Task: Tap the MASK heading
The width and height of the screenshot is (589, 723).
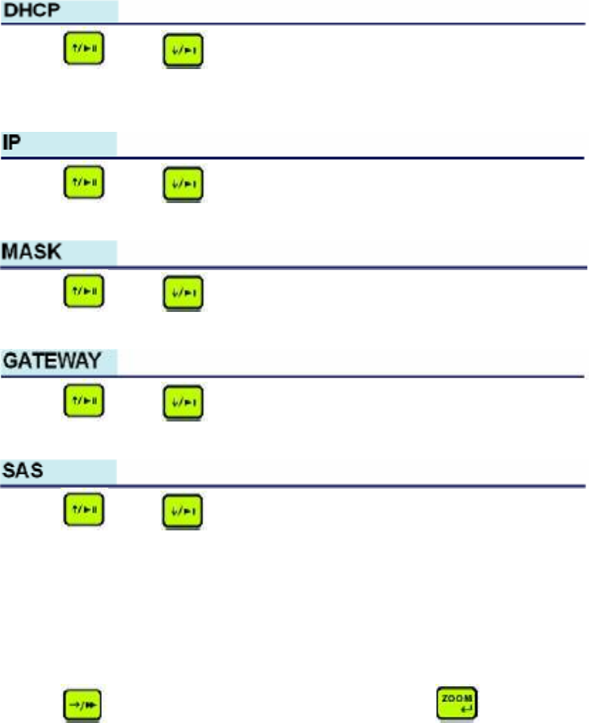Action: click(x=33, y=252)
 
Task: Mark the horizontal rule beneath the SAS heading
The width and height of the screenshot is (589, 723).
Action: click(x=349, y=486)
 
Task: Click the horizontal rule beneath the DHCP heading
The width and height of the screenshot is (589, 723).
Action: click(x=349, y=24)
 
